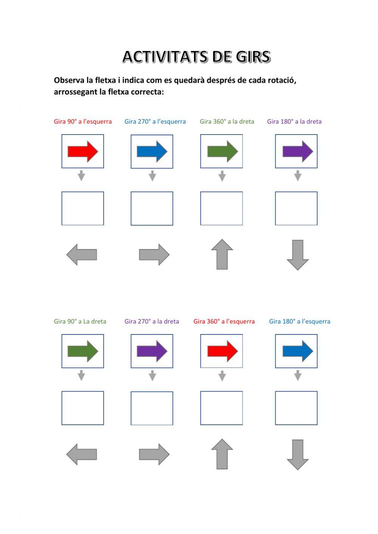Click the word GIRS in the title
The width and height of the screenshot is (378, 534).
click(x=253, y=57)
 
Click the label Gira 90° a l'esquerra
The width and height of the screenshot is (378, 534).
click(x=83, y=122)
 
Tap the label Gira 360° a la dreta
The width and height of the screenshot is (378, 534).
click(x=227, y=122)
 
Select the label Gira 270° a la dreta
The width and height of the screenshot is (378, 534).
click(x=152, y=321)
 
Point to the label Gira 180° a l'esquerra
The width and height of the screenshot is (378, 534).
click(x=299, y=321)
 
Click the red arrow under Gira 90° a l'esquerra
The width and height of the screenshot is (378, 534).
click(x=83, y=152)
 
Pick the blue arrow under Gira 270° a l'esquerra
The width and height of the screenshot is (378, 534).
click(x=152, y=152)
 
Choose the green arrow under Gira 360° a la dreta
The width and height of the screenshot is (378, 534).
click(x=223, y=152)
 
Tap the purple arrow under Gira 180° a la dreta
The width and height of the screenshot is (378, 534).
click(x=297, y=152)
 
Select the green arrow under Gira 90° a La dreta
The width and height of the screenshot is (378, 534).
click(x=83, y=351)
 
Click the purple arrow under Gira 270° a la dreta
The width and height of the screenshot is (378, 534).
click(x=152, y=351)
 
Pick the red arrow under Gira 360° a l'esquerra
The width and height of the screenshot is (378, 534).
click(x=223, y=351)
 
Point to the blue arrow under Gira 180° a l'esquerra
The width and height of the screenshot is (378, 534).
click(x=297, y=351)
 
